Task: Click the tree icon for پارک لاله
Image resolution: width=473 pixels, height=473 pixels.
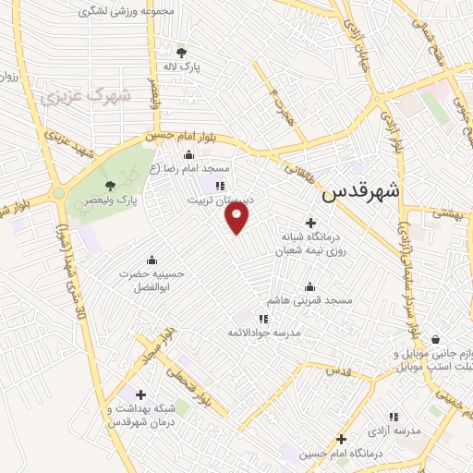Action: click(x=181, y=52)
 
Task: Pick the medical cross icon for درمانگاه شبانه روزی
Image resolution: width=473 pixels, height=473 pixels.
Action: click(x=310, y=223)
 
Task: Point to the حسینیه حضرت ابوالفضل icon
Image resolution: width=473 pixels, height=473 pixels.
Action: click(x=152, y=260)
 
